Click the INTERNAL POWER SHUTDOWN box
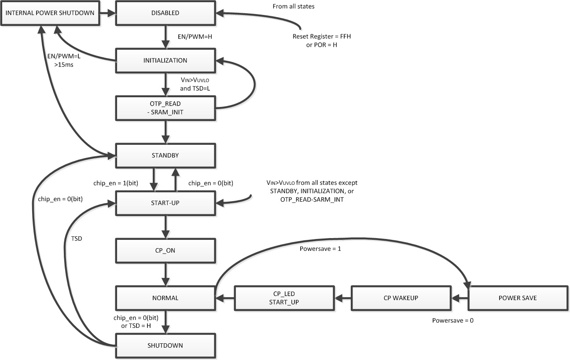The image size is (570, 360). coord(49,13)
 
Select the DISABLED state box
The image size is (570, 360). coord(165,13)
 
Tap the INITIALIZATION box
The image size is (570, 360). coord(165,60)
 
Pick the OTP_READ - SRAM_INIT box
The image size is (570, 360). coord(165,108)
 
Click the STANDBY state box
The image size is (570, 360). coord(165,155)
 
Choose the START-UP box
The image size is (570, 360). coord(165,203)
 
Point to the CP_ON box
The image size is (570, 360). coord(165,250)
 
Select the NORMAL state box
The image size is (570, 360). coord(165,298)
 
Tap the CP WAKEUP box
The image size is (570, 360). coord(401,298)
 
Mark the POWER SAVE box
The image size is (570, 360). coord(518,298)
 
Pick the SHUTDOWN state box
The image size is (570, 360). coord(165,345)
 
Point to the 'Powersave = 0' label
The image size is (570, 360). coord(453,320)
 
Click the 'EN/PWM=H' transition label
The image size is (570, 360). coord(192,37)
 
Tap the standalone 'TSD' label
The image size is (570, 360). coord(76,239)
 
